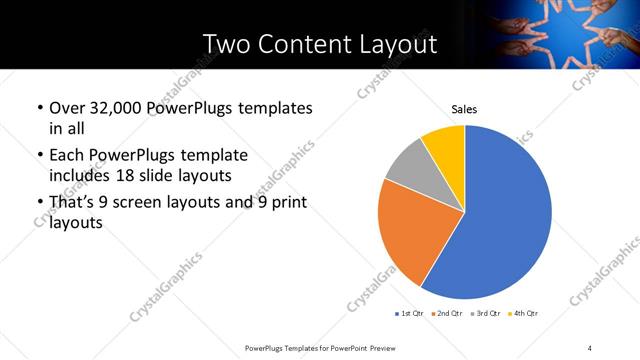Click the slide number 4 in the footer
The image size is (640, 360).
click(x=590, y=347)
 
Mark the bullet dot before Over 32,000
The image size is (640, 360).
click(x=39, y=108)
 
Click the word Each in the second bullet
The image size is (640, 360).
click(x=67, y=156)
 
